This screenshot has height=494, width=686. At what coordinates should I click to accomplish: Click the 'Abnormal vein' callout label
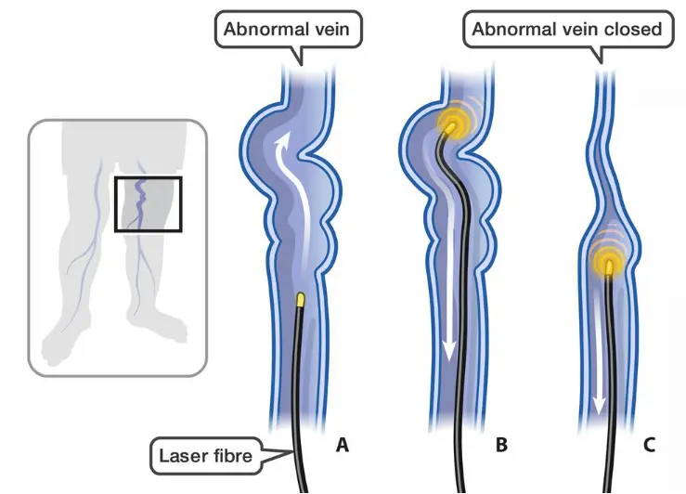290,29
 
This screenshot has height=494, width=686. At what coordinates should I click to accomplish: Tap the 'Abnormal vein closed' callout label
567,29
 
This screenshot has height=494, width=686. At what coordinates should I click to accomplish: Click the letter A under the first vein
342,445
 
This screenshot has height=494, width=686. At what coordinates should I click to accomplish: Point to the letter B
501,445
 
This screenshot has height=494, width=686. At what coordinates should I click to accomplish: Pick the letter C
649,445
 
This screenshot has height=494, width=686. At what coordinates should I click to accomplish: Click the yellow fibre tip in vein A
301,300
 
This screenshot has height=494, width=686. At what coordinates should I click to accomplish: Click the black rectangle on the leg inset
148,204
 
